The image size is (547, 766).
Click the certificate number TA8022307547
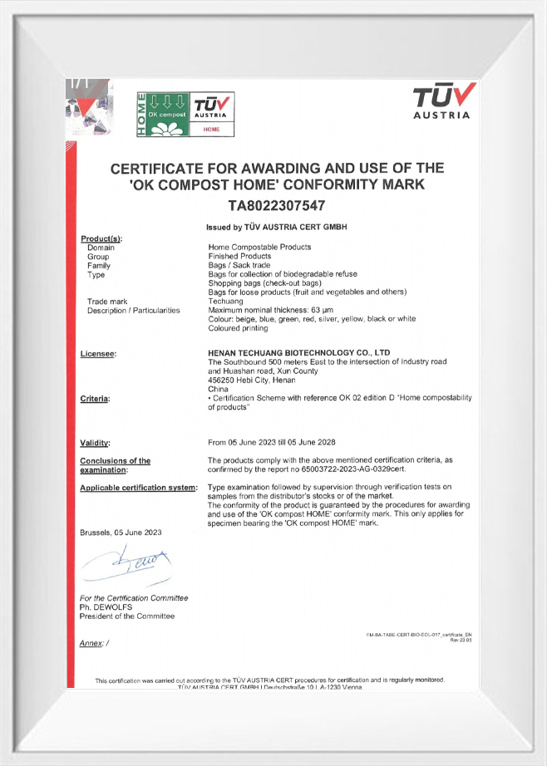[277, 204]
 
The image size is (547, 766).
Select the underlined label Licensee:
[98, 354]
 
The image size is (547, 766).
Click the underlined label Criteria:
[96, 400]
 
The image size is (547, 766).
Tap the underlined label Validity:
[96, 442]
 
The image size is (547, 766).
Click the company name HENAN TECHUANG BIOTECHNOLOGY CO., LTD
[298, 353]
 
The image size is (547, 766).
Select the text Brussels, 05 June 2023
[121, 532]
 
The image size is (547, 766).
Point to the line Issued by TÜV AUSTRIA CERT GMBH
[276, 227]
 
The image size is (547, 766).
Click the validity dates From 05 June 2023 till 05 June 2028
[271, 442]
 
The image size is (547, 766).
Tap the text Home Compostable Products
[259, 248]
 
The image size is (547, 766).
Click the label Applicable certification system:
[137, 487]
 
